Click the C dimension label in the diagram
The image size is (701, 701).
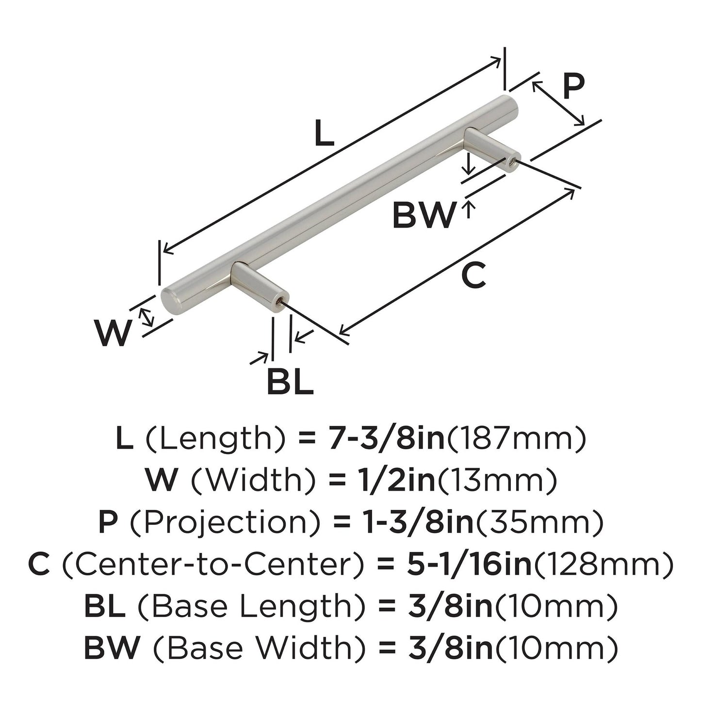point(473,275)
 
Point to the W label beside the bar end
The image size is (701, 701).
point(113,334)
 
